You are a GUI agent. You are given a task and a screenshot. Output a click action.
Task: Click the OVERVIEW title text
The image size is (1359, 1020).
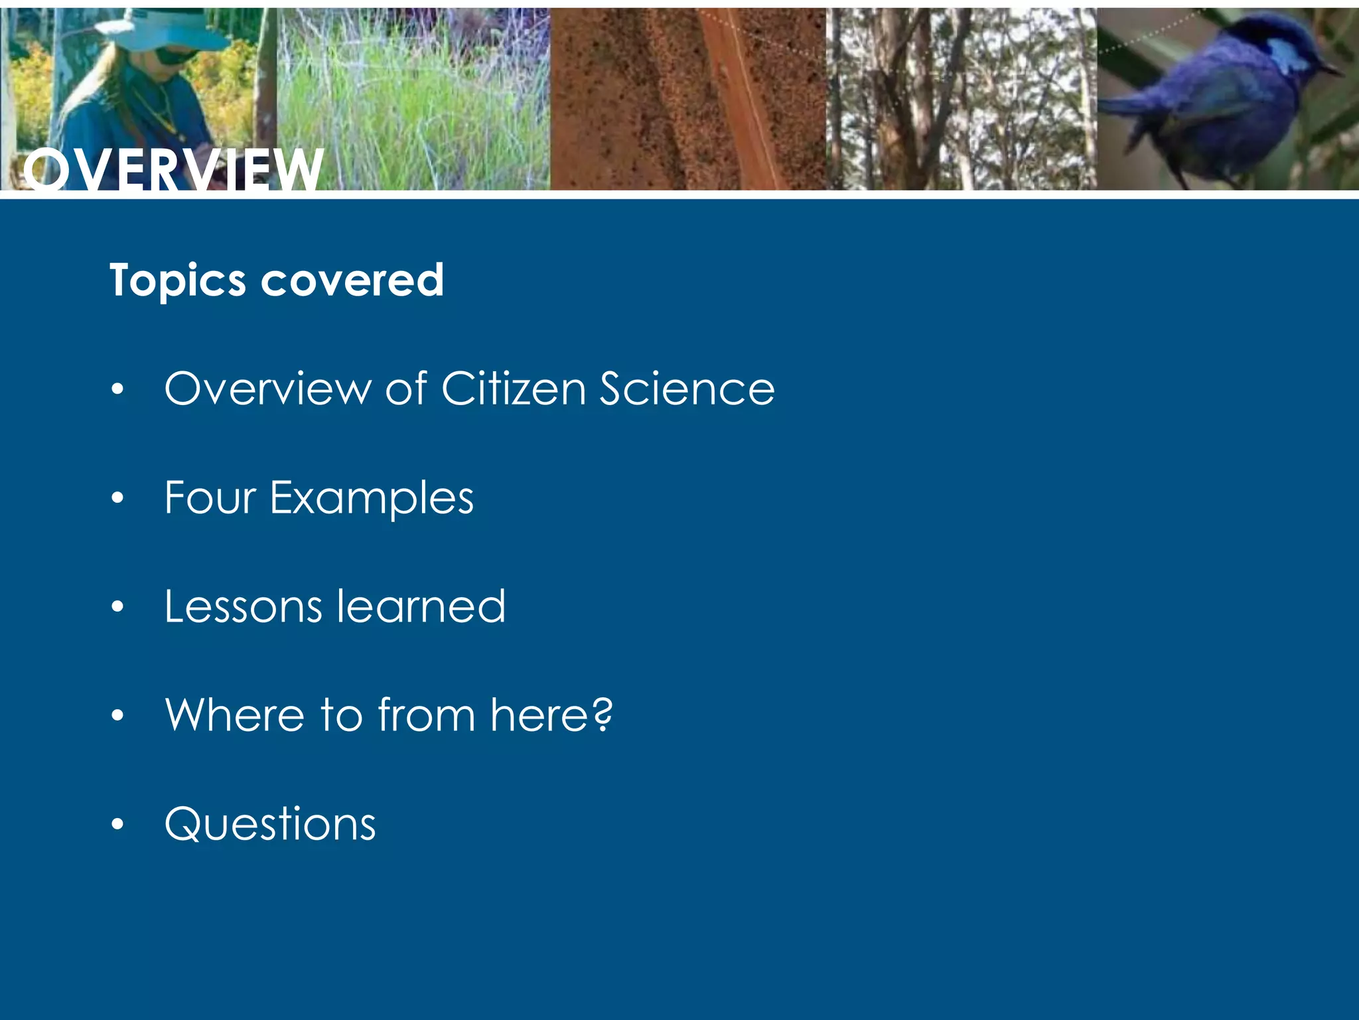(173, 170)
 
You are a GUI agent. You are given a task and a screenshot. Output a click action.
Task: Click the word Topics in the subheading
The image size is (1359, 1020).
(177, 280)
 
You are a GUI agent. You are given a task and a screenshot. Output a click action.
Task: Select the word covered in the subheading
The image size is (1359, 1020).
(352, 280)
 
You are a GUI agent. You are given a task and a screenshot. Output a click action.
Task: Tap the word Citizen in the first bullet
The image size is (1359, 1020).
(513, 388)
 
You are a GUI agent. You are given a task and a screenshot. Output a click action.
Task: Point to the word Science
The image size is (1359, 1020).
(687, 388)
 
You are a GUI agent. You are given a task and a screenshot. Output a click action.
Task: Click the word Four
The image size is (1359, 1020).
(210, 497)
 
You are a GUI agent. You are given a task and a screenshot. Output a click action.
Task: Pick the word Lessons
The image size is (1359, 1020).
(243, 606)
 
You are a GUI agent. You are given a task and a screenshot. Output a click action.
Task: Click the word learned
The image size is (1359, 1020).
(421, 606)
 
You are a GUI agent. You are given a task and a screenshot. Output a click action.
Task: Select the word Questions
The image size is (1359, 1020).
(270, 824)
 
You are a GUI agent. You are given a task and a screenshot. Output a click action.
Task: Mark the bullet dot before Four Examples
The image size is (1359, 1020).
(118, 497)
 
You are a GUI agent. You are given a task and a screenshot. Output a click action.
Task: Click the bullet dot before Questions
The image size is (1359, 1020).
(118, 824)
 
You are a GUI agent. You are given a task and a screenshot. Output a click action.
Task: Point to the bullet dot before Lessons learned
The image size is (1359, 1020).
(118, 606)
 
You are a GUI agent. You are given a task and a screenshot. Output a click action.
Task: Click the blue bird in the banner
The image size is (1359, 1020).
(1221, 100)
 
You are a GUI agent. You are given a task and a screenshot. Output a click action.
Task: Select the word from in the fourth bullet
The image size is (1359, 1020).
(427, 715)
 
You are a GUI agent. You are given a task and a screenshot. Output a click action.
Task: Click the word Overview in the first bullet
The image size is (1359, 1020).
(267, 388)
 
